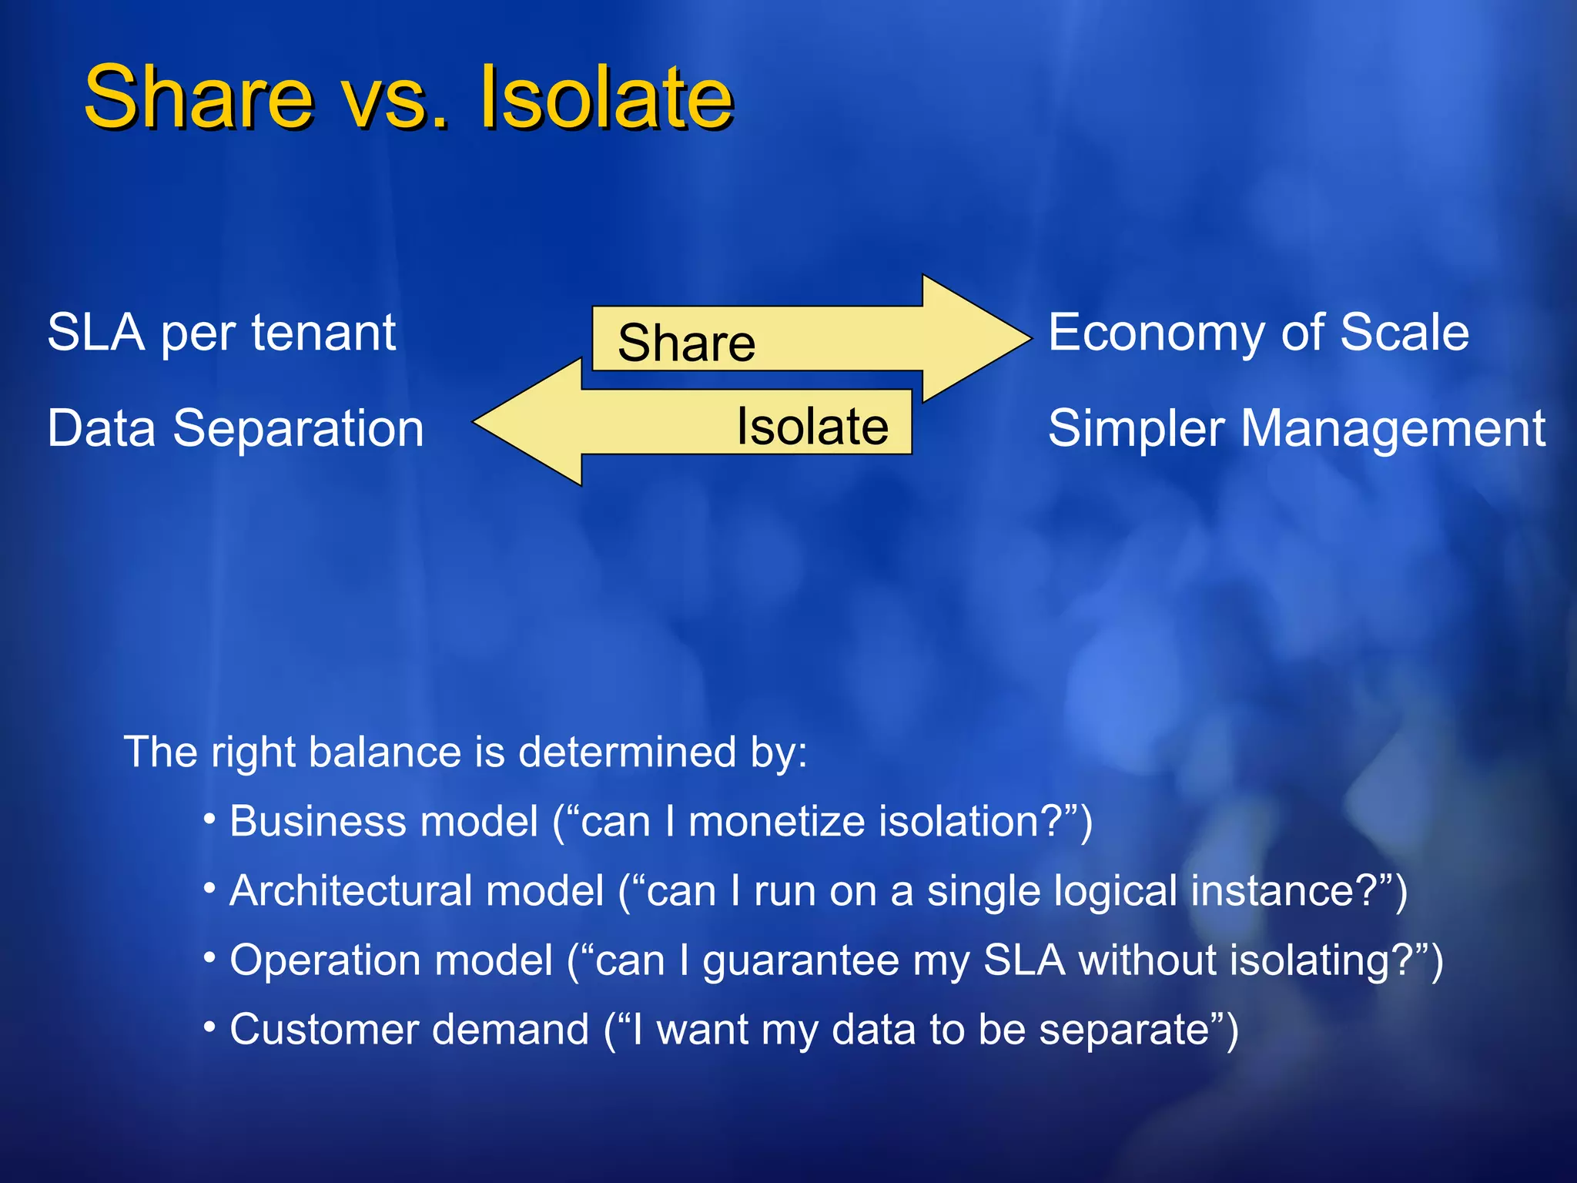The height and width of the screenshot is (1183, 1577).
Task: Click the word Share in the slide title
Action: [199, 98]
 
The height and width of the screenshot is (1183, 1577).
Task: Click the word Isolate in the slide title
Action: [606, 98]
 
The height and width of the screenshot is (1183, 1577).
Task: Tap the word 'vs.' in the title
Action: [393, 100]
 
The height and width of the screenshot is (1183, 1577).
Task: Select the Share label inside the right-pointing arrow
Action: [686, 343]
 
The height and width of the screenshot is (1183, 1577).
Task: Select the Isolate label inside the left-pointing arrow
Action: [812, 426]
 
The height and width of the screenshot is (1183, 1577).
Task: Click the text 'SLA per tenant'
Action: [222, 333]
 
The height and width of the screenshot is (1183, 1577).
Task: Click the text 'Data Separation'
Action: [236, 428]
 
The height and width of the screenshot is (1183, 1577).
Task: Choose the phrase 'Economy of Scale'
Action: [1258, 333]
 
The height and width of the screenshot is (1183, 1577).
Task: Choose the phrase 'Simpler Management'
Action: [1297, 428]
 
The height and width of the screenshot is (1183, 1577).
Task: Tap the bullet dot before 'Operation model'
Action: [209, 957]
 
